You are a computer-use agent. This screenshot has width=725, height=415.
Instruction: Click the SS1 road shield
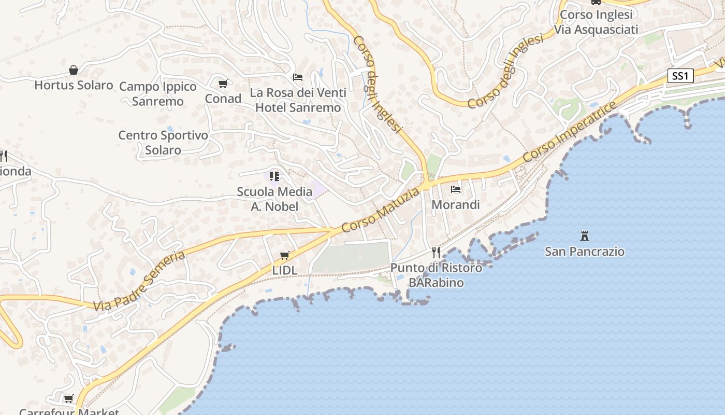point(679,76)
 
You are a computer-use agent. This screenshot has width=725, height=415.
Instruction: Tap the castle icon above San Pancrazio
point(585,236)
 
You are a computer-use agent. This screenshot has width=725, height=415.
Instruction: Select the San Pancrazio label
point(585,252)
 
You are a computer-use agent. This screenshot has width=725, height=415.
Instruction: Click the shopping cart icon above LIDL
point(284,255)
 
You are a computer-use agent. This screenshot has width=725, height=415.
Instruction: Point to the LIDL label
point(285,270)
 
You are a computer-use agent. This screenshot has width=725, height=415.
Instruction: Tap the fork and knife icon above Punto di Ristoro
point(436,252)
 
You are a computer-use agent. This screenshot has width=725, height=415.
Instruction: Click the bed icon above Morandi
point(456,189)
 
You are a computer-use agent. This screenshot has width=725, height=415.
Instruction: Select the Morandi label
point(456,204)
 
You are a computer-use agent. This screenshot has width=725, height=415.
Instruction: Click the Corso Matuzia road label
point(381,211)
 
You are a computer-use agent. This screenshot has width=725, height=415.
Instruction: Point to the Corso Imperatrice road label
point(570,132)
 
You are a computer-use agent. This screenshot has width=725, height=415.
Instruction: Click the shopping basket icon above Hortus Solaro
point(74,70)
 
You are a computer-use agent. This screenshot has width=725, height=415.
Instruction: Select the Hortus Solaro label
point(74,85)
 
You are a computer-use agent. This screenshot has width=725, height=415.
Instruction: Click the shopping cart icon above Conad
point(223,84)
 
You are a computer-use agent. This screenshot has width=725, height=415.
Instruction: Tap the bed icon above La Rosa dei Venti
point(298,77)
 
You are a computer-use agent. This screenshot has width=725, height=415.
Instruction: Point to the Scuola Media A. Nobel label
point(274,199)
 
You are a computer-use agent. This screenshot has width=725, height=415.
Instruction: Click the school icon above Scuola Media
point(274,176)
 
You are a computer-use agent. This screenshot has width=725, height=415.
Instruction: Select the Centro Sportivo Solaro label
point(163,143)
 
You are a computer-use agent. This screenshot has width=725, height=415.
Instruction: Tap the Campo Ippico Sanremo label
point(158,94)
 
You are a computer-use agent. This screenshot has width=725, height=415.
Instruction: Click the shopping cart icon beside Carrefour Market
point(68,398)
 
